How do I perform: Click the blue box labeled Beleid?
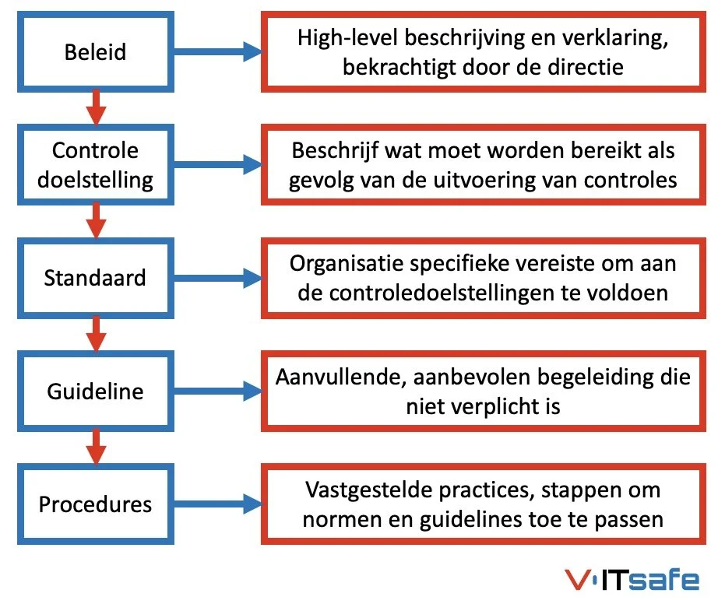tap(96, 54)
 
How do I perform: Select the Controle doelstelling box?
tap(96, 165)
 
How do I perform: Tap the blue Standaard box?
tap(96, 277)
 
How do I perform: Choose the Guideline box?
tap(96, 390)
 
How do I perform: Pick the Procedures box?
tap(96, 504)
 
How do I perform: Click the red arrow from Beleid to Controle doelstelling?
tap(96, 108)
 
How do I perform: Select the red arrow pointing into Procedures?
tap(96, 446)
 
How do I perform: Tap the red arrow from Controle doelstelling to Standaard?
tap(96, 220)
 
